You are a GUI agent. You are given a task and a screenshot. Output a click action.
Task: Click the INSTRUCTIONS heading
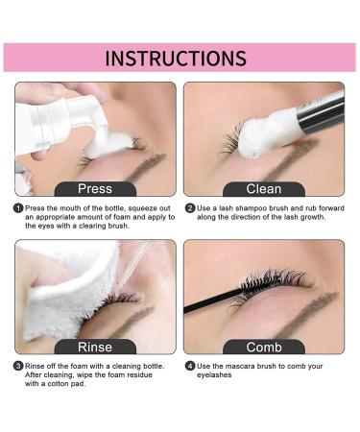coord(176,58)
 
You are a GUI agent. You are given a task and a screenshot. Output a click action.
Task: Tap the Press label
coord(95,188)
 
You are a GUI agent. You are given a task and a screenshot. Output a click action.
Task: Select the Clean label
coord(264,189)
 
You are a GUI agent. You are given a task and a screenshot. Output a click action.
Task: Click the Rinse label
coord(95,347)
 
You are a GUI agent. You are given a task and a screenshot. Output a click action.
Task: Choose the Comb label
coord(264,348)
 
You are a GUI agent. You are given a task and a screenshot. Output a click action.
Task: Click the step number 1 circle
coord(18,208)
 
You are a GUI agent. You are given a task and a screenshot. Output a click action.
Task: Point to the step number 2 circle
coord(190,208)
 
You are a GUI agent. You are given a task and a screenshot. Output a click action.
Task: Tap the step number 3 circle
coord(18,366)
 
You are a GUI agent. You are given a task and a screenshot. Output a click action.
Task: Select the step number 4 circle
coord(190,366)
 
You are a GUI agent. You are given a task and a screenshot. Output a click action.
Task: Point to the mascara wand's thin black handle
coord(212,300)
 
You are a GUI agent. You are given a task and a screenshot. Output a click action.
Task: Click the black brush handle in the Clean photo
coord(321,112)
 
